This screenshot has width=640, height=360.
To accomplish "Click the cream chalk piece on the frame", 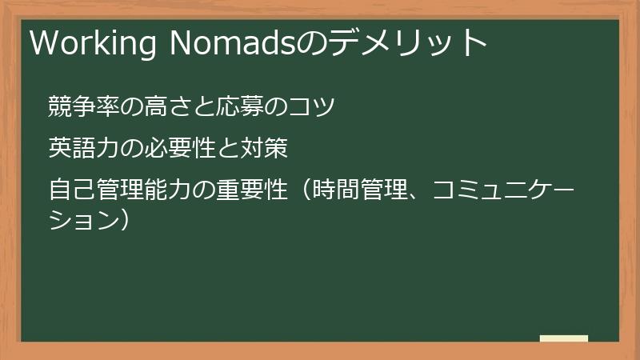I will click(x=564, y=338).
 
